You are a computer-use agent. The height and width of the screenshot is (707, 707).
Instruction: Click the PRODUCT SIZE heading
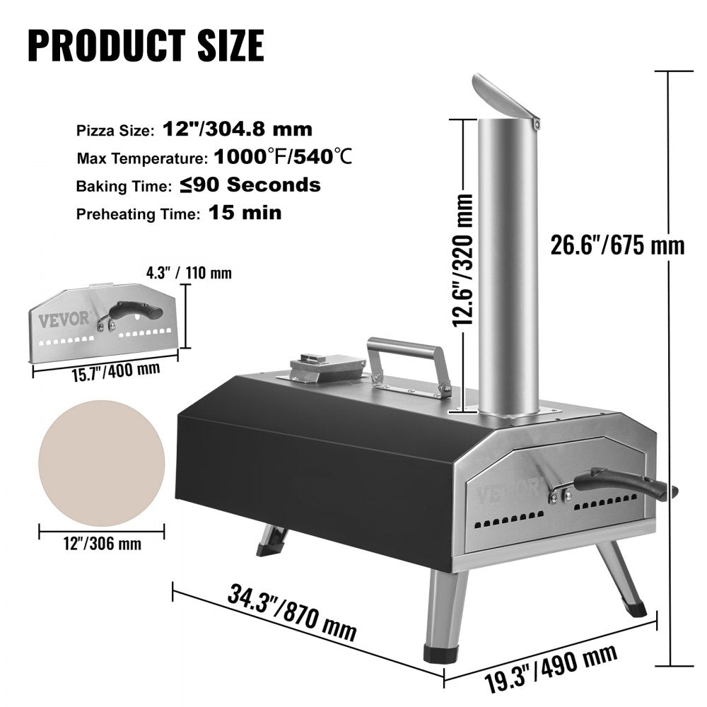click(146, 45)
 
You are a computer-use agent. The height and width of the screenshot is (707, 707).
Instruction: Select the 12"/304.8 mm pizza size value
click(227, 129)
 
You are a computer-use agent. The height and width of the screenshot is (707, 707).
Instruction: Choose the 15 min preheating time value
click(245, 213)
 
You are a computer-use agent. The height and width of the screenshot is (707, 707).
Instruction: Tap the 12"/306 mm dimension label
click(100, 544)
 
